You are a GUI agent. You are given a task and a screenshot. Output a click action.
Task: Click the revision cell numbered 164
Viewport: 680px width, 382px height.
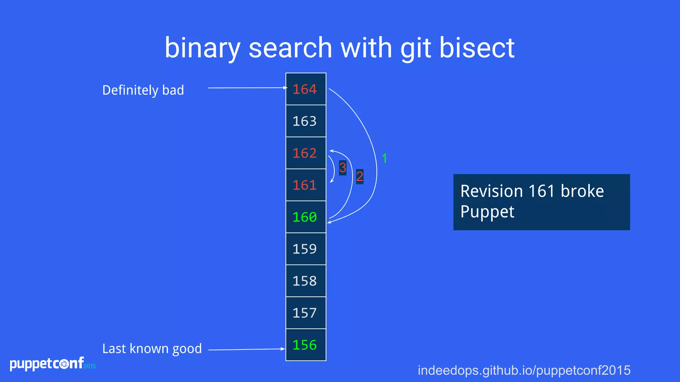(305, 89)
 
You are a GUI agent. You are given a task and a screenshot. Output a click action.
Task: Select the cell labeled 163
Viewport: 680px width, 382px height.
(305, 121)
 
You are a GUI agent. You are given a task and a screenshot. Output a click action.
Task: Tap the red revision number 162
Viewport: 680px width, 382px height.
(305, 153)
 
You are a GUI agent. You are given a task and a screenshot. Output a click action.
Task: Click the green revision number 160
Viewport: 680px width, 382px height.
(305, 217)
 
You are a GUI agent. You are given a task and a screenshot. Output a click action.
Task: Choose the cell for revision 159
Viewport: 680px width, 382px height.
(305, 249)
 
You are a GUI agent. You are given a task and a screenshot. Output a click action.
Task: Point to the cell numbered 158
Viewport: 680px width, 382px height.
(305, 281)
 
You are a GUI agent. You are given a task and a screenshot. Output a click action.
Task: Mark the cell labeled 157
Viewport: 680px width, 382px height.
(305, 313)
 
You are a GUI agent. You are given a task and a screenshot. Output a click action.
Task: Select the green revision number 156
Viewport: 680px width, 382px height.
(305, 345)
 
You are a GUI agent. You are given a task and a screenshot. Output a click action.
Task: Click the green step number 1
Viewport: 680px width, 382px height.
(384, 159)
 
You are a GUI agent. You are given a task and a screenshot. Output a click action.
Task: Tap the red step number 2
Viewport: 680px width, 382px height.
(360, 176)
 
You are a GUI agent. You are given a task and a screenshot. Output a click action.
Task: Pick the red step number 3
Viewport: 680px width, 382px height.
(343, 168)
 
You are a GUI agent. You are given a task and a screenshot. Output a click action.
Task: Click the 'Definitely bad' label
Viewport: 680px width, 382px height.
(143, 90)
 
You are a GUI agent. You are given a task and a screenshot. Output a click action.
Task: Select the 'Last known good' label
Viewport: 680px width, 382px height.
(152, 349)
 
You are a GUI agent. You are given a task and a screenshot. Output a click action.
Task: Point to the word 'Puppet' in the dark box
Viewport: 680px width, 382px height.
(487, 212)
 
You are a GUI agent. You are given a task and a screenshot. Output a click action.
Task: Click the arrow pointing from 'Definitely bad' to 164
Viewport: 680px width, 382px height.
(247, 88)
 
